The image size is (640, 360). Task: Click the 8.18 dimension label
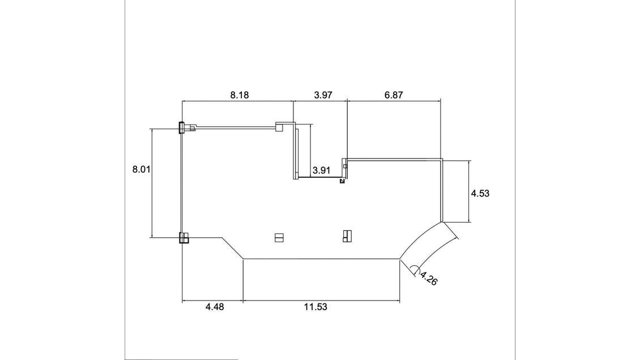pyautogui.click(x=239, y=96)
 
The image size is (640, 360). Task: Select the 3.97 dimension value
pyautogui.click(x=323, y=96)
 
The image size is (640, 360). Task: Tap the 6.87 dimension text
pyautogui.click(x=394, y=96)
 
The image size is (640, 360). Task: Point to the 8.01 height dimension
pyautogui.click(x=141, y=169)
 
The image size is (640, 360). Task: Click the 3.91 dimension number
pyautogui.click(x=321, y=170)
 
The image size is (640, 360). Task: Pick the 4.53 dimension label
pyautogui.click(x=480, y=193)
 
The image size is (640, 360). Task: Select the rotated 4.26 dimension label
pyautogui.click(x=429, y=278)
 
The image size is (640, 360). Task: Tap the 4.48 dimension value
pyautogui.click(x=215, y=307)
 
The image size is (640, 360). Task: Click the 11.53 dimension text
pyautogui.click(x=315, y=307)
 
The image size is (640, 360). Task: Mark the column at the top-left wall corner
pyautogui.click(x=181, y=127)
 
